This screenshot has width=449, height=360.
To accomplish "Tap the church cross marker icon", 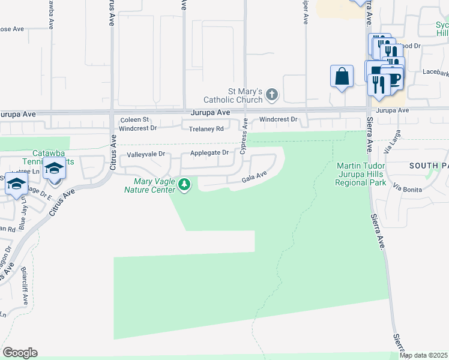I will click(272, 94).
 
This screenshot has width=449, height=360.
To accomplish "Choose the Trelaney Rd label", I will click(206, 129).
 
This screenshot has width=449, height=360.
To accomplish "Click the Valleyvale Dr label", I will click(145, 155).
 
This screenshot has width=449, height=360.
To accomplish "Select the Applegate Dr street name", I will click(209, 153).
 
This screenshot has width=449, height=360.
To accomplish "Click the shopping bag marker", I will click(342, 77).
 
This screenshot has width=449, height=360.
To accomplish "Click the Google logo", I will click(20, 353).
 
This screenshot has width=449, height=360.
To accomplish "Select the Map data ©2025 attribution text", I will click(423, 355).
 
